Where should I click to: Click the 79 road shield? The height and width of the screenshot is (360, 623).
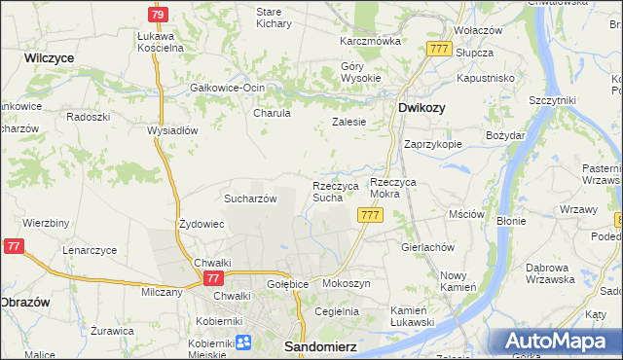click(x=158, y=14)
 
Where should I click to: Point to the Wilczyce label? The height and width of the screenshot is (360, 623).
click(x=50, y=58)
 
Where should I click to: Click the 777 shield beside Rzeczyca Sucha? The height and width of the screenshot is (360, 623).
click(x=369, y=215)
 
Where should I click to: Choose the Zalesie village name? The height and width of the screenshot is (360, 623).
click(x=348, y=122)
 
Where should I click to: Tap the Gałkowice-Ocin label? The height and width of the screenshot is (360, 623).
click(x=227, y=88)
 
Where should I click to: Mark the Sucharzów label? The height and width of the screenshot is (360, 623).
click(x=251, y=198)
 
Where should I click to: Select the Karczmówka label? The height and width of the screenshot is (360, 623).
click(x=370, y=42)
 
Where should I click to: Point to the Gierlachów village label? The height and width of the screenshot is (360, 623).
click(x=428, y=247)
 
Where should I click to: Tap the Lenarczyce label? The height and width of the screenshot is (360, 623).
click(x=90, y=250)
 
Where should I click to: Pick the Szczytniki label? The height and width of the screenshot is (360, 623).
click(x=552, y=100)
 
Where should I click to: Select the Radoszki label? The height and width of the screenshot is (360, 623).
click(x=87, y=115)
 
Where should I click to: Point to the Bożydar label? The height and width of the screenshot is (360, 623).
click(x=505, y=135)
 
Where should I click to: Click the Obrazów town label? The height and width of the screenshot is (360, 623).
click(x=25, y=303)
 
